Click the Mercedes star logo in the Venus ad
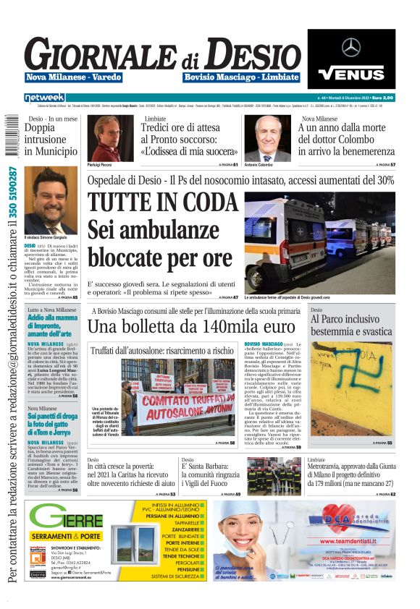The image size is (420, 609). pyautogui.click(x=351, y=48)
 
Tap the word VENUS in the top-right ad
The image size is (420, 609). pyautogui.click(x=351, y=73)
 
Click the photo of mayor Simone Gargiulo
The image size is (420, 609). pyautogui.click(x=50, y=200)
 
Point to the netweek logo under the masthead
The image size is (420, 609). pyautogui.click(x=44, y=97)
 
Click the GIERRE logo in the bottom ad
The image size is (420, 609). pyautogui.click(x=66, y=516)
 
